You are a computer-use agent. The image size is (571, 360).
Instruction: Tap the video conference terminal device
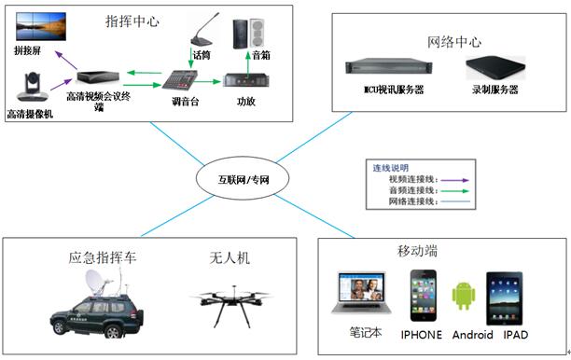(x=98, y=76)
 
